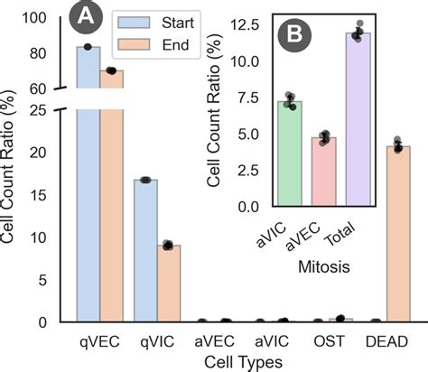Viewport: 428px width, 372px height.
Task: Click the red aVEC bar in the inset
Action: click(x=322, y=172)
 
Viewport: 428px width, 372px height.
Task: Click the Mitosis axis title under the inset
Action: click(x=324, y=268)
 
